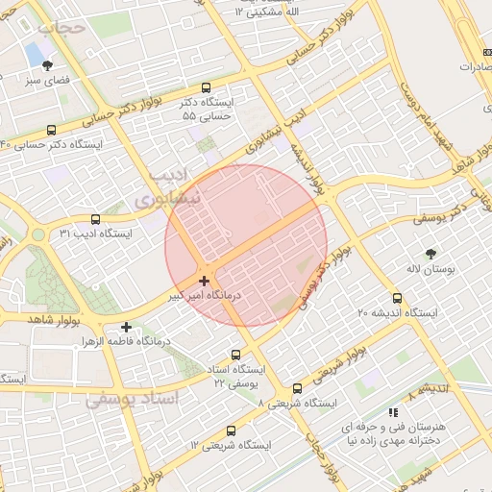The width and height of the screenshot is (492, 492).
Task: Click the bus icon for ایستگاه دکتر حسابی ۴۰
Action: coord(51,130)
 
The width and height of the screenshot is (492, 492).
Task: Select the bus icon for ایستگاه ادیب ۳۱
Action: coord(95,219)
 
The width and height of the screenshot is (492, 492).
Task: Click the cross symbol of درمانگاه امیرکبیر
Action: coord(203,282)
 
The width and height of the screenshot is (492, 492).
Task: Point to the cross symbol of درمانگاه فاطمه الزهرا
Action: coord(126,327)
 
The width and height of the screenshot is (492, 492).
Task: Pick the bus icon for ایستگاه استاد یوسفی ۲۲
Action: coord(236,355)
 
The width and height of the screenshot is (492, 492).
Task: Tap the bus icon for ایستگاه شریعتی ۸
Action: coord(297,389)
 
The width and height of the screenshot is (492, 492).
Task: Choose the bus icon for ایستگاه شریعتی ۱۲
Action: coord(231,431)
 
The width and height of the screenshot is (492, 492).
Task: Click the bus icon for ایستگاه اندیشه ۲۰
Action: coord(397,299)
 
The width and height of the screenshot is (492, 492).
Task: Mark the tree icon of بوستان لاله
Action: coord(430,253)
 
